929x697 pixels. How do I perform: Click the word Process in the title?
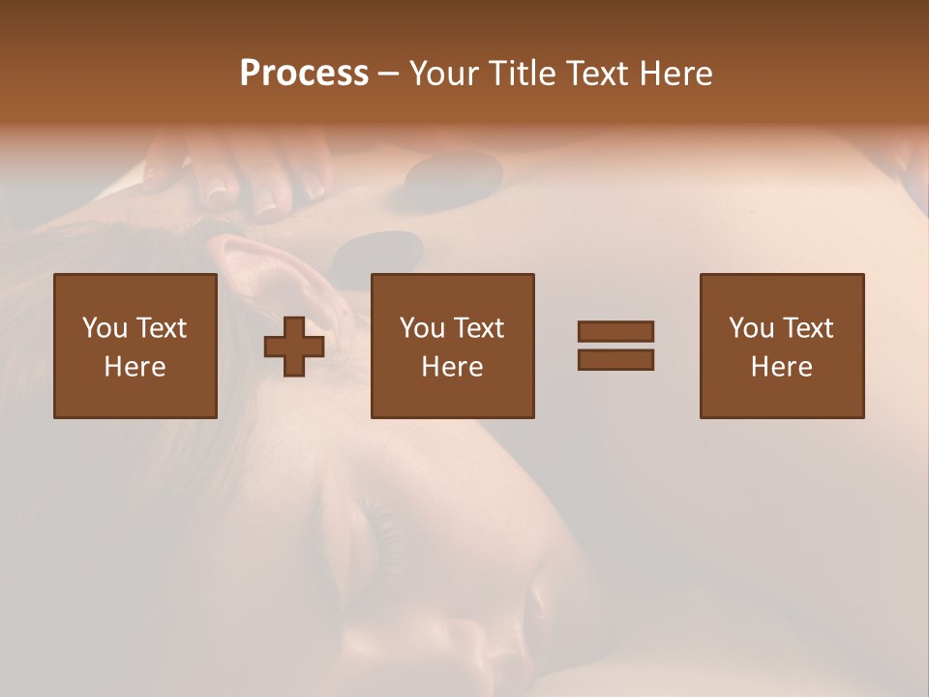[304, 74]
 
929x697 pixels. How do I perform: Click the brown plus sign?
[294, 347]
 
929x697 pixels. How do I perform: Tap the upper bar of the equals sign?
[615, 331]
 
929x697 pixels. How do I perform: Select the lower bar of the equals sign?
[615, 360]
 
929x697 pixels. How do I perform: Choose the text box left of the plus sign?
[135, 346]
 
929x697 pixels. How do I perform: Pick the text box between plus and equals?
[453, 346]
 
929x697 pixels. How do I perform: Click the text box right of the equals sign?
[782, 346]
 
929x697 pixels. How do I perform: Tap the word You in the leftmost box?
[105, 328]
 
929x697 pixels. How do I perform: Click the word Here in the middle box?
[453, 367]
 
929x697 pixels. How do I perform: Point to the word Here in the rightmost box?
[782, 367]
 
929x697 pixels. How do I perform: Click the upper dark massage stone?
[452, 177]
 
